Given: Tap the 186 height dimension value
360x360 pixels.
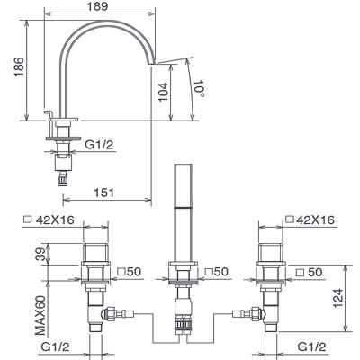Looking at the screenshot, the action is click(19, 67).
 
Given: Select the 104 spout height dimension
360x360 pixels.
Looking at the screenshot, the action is click(163, 92).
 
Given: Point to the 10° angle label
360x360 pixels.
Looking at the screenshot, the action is click(200, 88).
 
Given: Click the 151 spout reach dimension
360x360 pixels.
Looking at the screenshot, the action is click(104, 193).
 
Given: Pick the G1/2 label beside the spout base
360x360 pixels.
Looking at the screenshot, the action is click(99, 145).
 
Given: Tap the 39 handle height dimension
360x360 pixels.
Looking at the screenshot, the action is click(42, 254).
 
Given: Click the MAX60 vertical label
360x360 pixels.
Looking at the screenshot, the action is click(40, 316).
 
